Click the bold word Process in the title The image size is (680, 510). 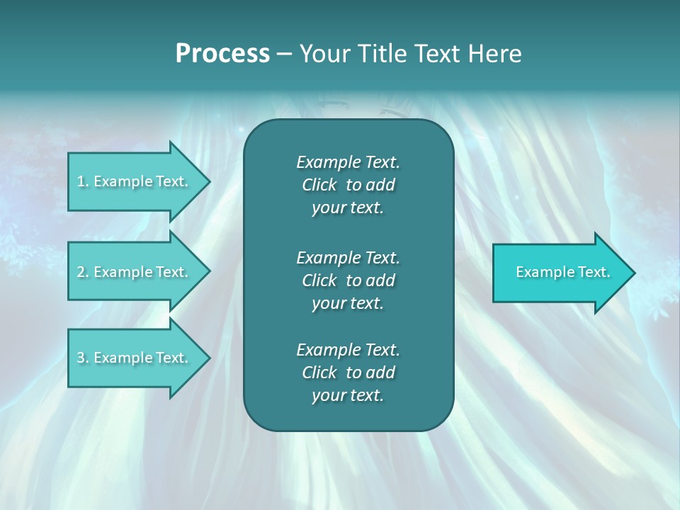tap(222, 54)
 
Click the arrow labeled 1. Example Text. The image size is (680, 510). tap(135, 181)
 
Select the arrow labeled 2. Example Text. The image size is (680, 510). tap(135, 272)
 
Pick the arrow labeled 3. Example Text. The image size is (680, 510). tap(135, 358)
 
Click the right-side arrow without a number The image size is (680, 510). tap(560, 272)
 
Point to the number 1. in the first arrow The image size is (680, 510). tap(83, 181)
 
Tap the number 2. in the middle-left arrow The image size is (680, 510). tap(83, 272)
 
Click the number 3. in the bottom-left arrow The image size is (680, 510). tap(83, 358)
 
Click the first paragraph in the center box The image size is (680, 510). tap(348, 185)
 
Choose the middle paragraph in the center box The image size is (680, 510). tap(348, 280)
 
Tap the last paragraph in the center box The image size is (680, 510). tap(348, 373)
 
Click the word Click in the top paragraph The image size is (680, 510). tap(319, 185)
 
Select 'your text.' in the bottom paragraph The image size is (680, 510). tap(348, 395)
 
